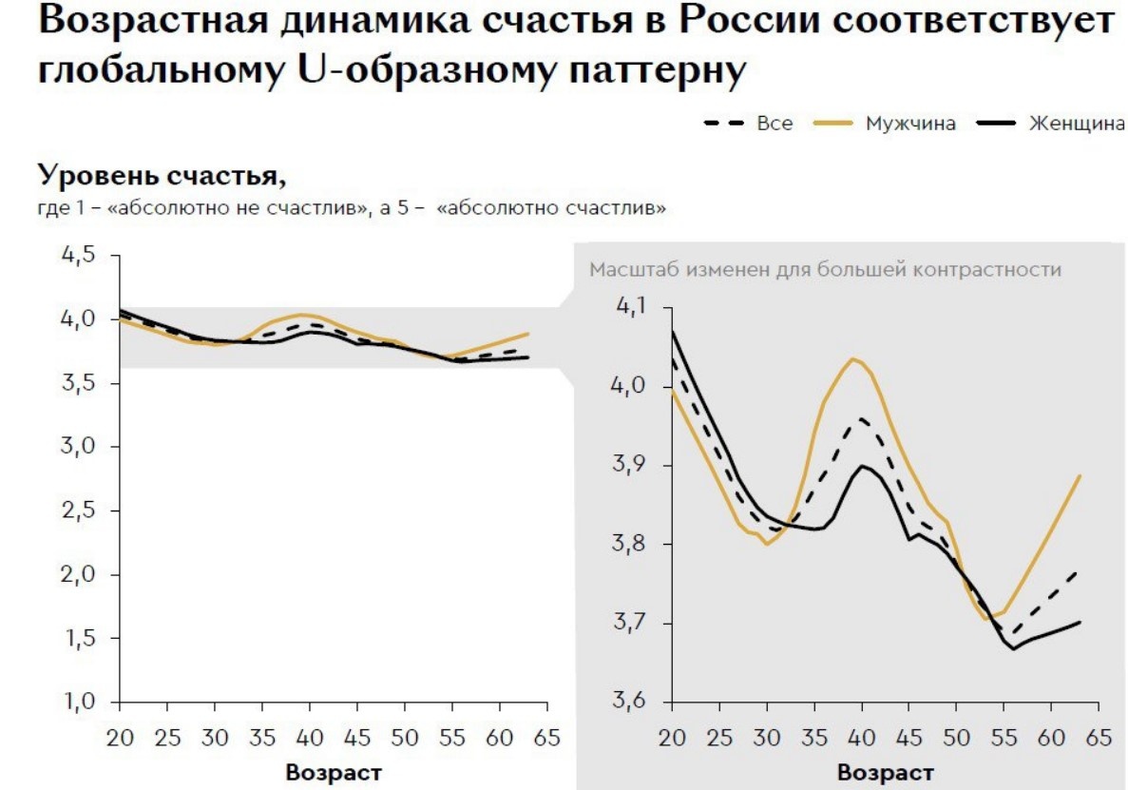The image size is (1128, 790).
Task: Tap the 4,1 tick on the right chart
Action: (x=631, y=307)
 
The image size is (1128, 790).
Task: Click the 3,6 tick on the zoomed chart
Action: (x=631, y=703)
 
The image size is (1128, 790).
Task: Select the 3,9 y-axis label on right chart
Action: (x=631, y=466)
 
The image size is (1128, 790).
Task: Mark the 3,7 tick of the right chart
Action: (x=631, y=624)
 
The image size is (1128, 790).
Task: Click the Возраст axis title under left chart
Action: (x=333, y=772)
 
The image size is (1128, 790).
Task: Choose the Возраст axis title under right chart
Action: (x=885, y=772)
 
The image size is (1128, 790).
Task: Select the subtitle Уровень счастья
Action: (x=162, y=177)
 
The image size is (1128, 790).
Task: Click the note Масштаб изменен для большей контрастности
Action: (x=825, y=270)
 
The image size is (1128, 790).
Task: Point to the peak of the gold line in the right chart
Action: (x=852, y=358)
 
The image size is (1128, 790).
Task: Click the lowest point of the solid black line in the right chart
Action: (x=1014, y=649)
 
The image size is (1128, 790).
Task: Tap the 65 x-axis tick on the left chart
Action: (x=546, y=738)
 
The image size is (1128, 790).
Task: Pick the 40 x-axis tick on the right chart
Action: (x=862, y=738)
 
